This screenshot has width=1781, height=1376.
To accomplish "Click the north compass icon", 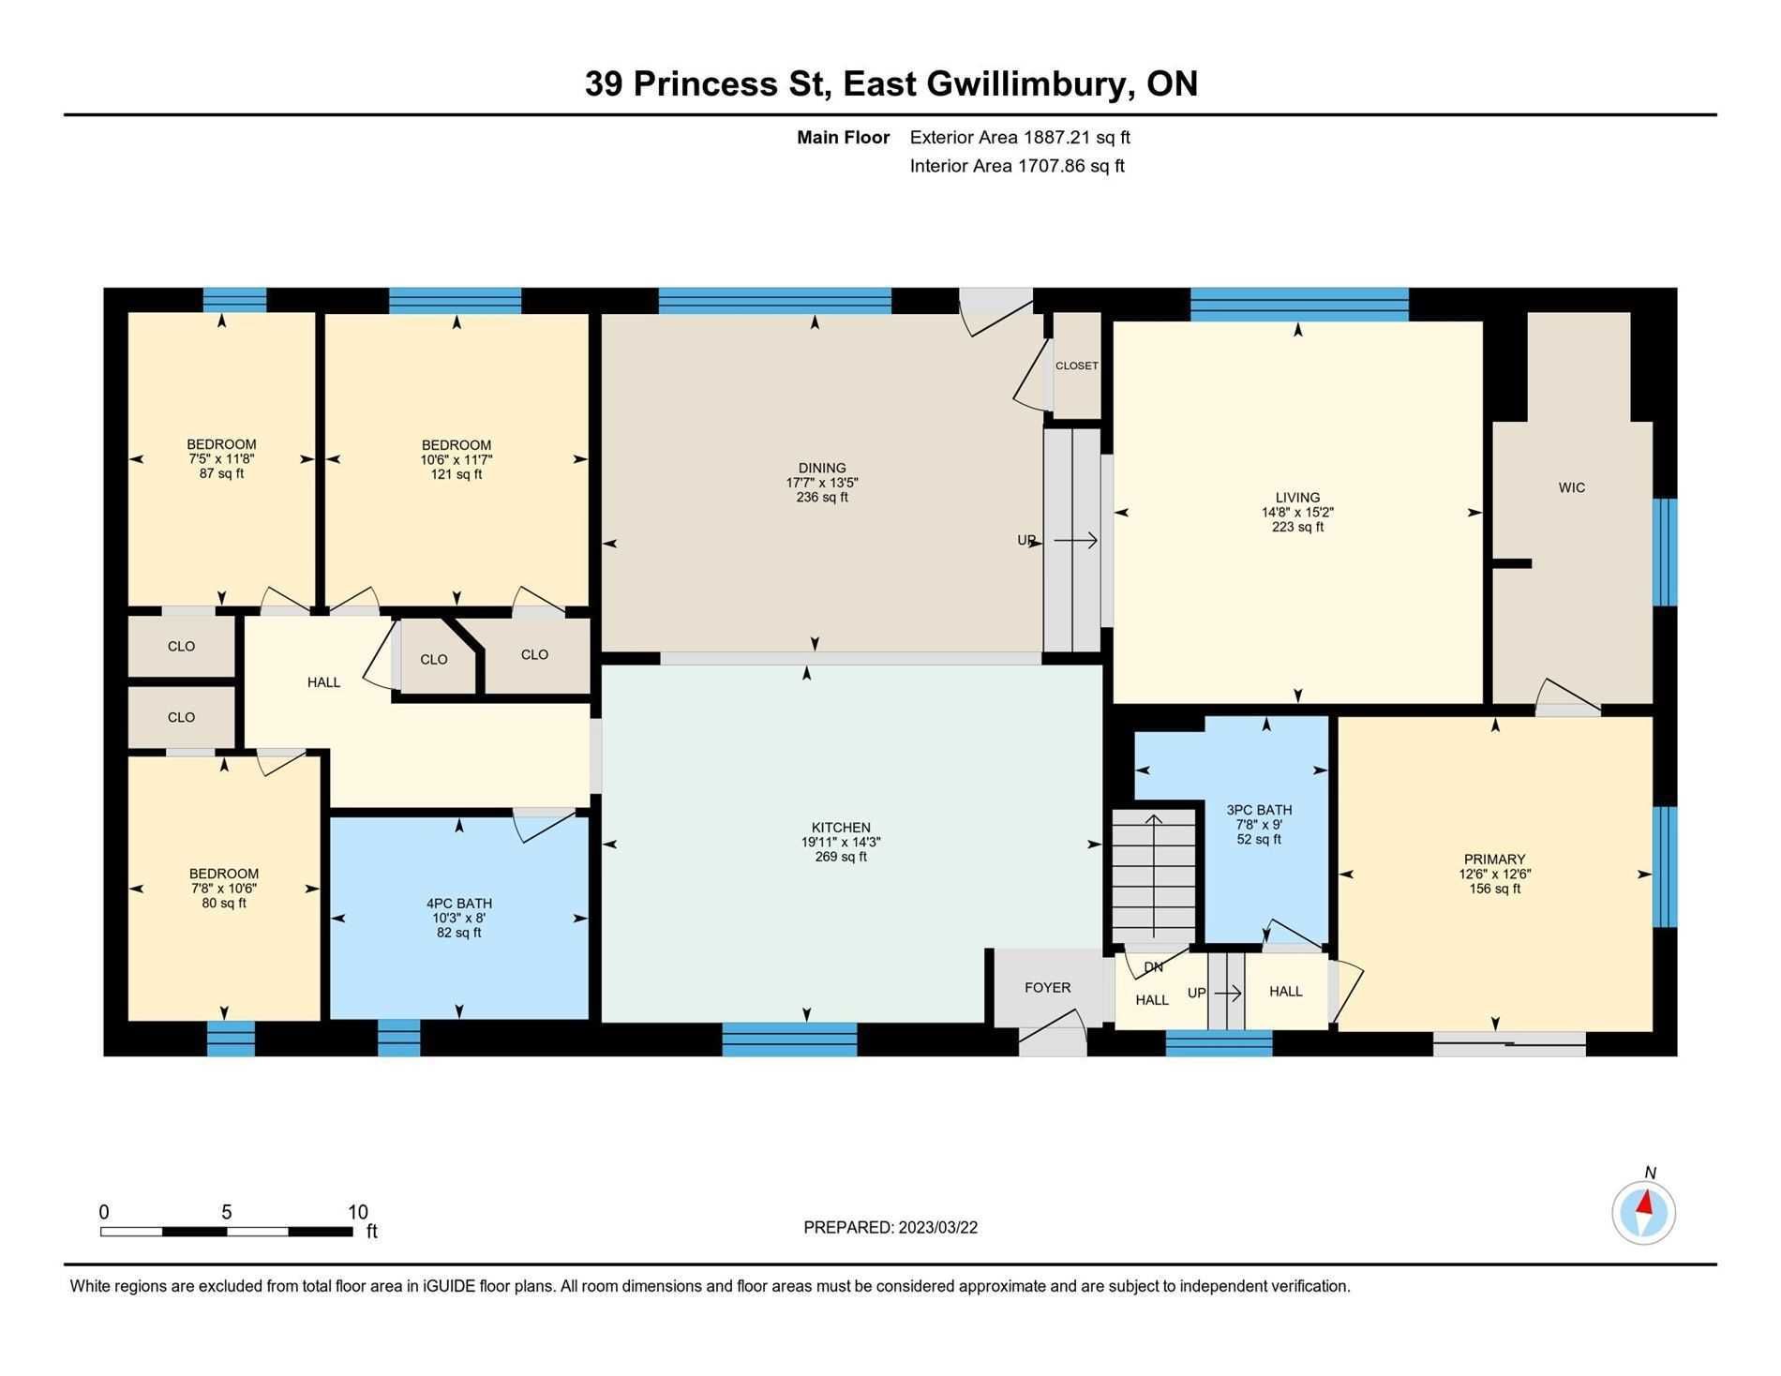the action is pyautogui.click(x=1643, y=1212).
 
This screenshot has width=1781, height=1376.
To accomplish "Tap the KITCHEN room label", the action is pyautogui.click(x=841, y=828).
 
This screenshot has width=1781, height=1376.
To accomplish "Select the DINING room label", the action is pyautogui.click(x=822, y=468).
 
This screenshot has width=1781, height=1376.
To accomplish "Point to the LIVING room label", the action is pyautogui.click(x=1297, y=498).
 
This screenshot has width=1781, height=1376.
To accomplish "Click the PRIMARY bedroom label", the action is pyautogui.click(x=1494, y=860).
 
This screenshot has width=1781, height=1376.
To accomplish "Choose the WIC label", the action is pyautogui.click(x=1571, y=487).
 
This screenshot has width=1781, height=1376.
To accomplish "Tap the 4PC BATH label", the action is pyautogui.click(x=459, y=904).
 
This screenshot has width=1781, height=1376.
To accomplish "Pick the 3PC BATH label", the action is pyautogui.click(x=1259, y=810).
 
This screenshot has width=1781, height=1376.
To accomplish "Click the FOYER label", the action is pyautogui.click(x=1047, y=987).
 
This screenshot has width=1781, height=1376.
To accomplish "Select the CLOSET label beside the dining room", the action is pyautogui.click(x=1076, y=366).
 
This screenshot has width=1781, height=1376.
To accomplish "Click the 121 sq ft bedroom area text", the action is pyautogui.click(x=456, y=474).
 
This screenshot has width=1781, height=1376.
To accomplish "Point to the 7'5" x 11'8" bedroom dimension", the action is pyautogui.click(x=222, y=459).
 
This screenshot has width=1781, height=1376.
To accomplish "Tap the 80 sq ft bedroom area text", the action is pyautogui.click(x=224, y=904).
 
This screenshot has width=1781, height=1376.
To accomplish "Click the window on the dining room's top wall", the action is pyautogui.click(x=774, y=301).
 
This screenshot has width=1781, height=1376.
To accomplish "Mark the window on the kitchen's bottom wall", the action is pyautogui.click(x=789, y=1039).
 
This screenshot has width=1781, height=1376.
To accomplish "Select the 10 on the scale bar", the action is pyautogui.click(x=357, y=1212).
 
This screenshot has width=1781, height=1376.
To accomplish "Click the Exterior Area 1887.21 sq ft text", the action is pyautogui.click(x=1020, y=137).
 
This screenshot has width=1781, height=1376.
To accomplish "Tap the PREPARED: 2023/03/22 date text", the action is pyautogui.click(x=890, y=1228).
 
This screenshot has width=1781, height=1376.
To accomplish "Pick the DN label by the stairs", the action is pyautogui.click(x=1153, y=967).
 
